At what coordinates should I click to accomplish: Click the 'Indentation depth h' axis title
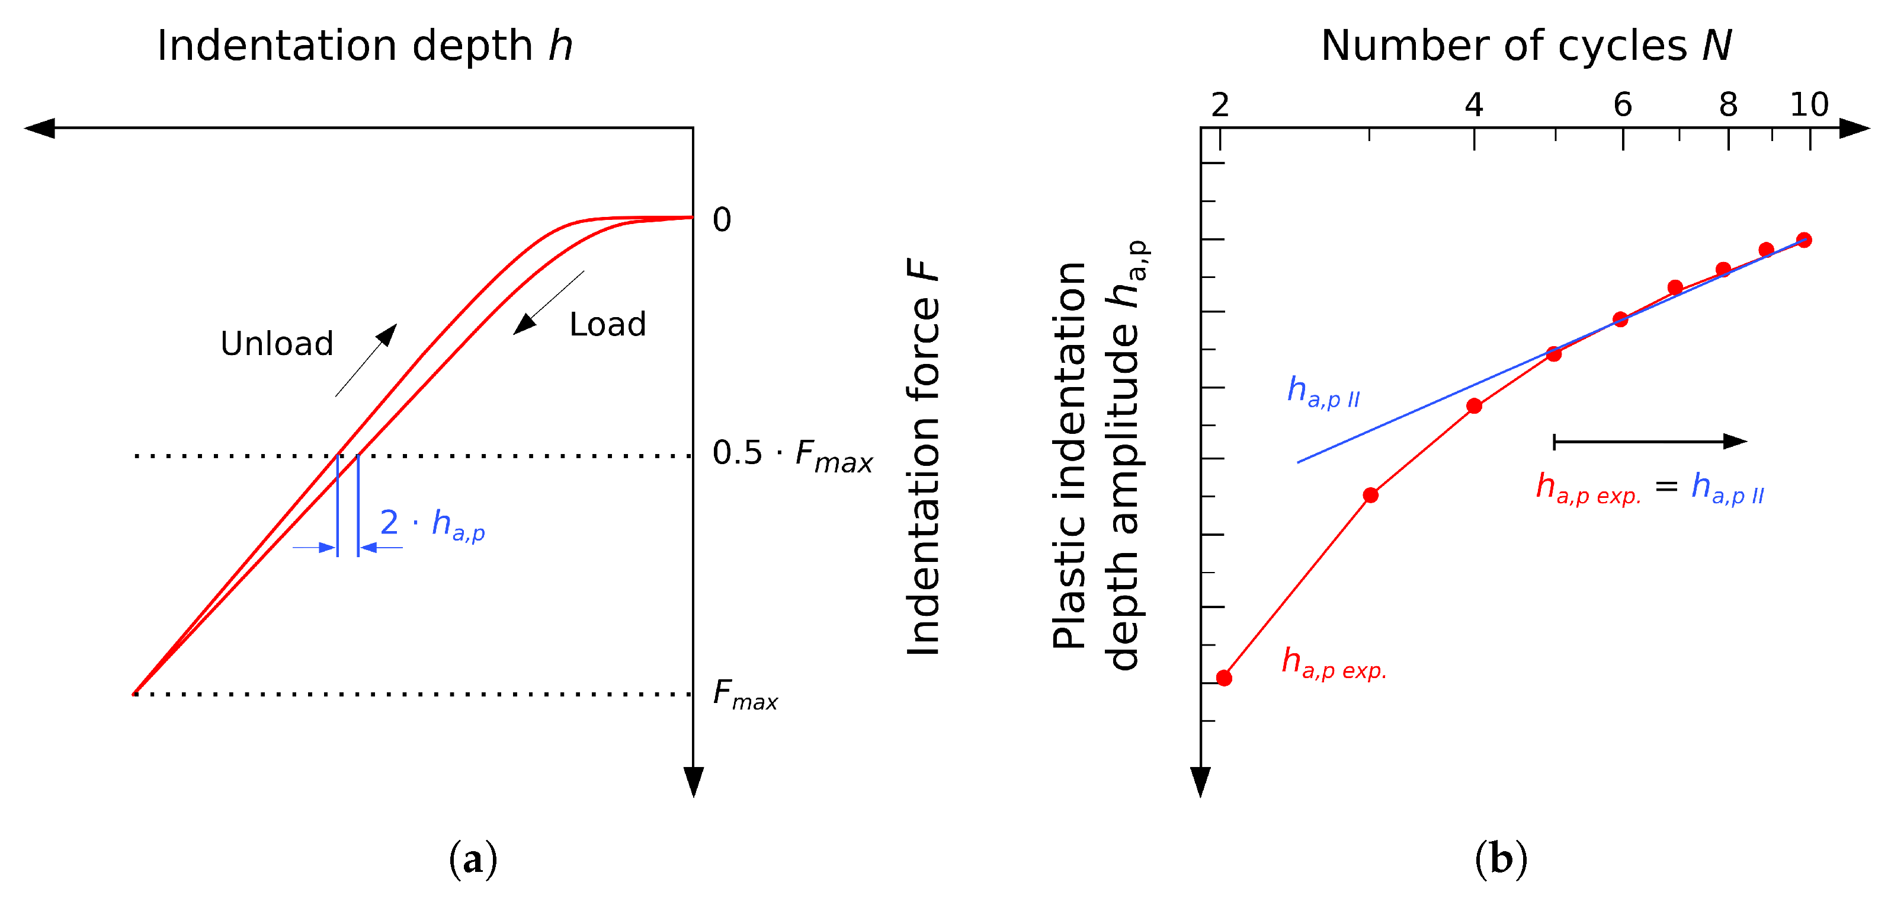(x=364, y=46)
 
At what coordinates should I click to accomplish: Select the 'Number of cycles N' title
(x=1525, y=46)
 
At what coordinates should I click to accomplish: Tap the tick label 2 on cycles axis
(x=1220, y=106)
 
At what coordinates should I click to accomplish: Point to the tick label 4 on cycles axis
(x=1474, y=106)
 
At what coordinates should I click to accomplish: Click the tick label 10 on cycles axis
(x=1809, y=106)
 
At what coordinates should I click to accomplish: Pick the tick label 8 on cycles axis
(x=1728, y=106)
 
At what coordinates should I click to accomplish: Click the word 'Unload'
(x=277, y=344)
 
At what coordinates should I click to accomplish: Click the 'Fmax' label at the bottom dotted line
(x=744, y=695)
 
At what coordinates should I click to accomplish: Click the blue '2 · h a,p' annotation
(x=432, y=524)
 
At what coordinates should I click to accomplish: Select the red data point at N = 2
(x=1224, y=678)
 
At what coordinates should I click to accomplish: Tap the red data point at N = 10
(x=1805, y=240)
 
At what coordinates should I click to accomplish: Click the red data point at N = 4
(x=1474, y=406)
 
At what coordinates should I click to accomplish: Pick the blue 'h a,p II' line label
(x=1323, y=391)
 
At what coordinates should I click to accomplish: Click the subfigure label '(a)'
(x=473, y=858)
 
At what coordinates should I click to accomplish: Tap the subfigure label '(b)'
(x=1501, y=858)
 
